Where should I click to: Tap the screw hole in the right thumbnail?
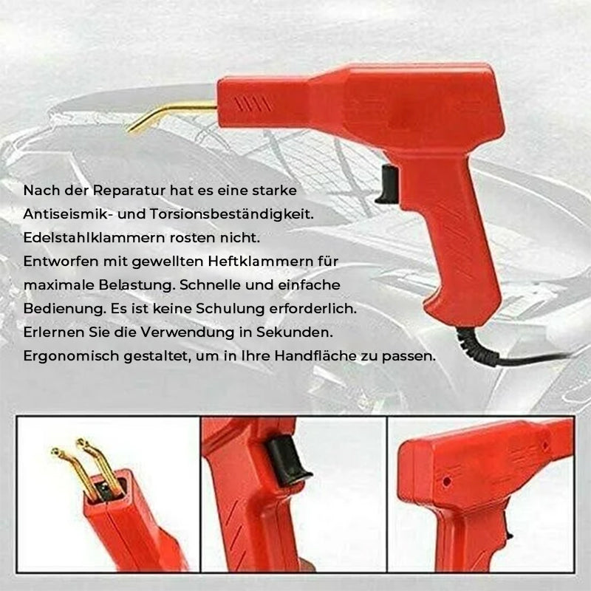(446, 481)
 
